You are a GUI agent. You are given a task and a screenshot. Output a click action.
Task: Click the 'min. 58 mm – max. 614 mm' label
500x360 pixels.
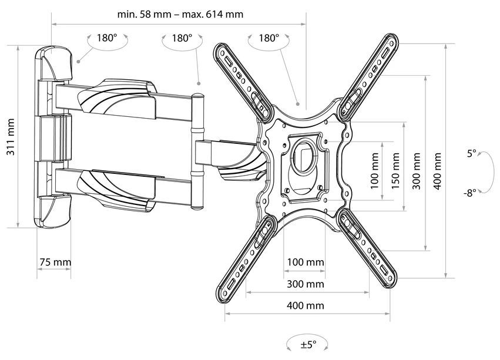[180, 14]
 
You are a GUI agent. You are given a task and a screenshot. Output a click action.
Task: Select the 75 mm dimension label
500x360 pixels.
[55, 263]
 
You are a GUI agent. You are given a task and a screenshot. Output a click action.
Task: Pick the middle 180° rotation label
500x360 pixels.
[182, 38]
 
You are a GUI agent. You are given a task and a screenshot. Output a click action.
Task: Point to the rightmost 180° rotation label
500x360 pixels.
[269, 38]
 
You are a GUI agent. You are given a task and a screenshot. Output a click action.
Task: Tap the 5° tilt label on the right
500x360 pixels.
[472, 154]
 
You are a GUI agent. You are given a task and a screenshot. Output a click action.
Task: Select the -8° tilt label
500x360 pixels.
[471, 192]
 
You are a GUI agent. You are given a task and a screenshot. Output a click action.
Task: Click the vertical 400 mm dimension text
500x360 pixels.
[438, 170]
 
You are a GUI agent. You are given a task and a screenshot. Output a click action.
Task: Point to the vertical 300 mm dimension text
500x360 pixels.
[417, 170]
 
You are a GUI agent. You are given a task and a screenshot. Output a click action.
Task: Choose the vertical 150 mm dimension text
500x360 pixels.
[395, 170]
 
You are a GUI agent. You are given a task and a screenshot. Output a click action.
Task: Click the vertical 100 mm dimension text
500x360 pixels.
[375, 170]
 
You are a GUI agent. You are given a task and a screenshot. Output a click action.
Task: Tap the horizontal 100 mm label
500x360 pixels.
[305, 262]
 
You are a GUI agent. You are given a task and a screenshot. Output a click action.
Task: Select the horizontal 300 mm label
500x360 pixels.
[305, 284]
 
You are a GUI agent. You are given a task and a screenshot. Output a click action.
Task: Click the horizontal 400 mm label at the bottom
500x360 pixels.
[305, 306]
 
